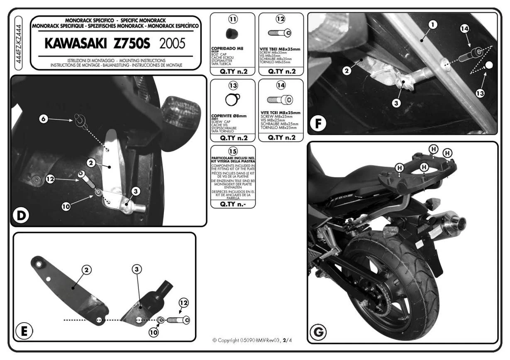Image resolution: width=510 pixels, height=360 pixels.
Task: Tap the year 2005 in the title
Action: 172,44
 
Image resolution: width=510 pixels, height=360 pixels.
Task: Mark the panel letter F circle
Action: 318,124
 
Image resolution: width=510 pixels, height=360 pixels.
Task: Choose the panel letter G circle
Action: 318,332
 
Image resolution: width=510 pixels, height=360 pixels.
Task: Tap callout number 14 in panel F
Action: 464,29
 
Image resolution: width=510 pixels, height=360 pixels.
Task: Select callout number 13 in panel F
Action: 480,93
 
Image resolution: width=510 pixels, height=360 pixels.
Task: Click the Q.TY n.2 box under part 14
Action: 281,138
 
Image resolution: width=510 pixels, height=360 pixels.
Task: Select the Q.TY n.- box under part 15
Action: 233,204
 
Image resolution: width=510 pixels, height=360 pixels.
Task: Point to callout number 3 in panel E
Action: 137,269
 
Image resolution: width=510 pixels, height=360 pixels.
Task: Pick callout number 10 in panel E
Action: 154,332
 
